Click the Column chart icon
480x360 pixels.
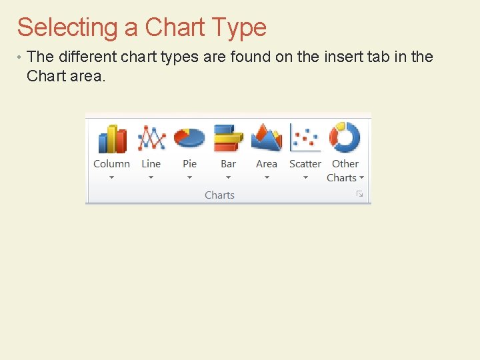pos(112,139)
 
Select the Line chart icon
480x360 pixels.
pos(151,138)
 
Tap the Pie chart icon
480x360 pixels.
pos(189,137)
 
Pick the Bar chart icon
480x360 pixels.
pos(228,138)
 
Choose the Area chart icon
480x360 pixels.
pos(267,137)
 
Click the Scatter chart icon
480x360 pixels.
pos(305,137)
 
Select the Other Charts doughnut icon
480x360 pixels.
pos(345,137)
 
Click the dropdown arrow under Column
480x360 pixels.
pos(111,177)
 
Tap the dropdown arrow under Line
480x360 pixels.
pos(151,177)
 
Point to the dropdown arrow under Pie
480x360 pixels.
pos(189,177)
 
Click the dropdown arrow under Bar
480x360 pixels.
pos(228,177)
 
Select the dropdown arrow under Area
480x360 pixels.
pos(267,177)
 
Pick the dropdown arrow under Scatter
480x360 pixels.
pos(305,177)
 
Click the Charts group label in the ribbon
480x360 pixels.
pos(219,195)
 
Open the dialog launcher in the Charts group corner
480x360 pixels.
pos(359,194)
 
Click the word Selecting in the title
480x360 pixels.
pos(67,28)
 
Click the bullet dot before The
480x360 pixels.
pos(20,57)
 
